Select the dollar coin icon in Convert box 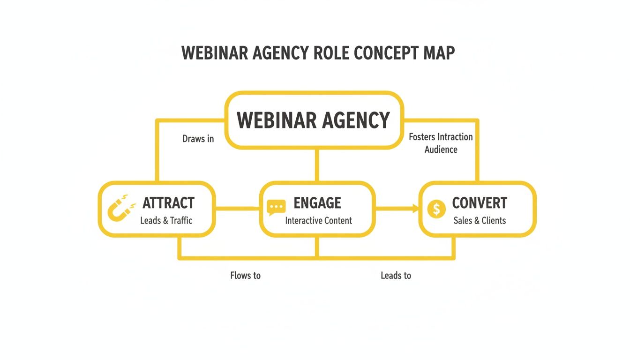[x=436, y=209]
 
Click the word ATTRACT [x=168, y=203]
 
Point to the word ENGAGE [x=317, y=203]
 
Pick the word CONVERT [x=479, y=203]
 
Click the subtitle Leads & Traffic [x=166, y=220]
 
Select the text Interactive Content [x=318, y=220]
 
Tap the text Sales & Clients [x=480, y=220]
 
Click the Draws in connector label [x=198, y=139]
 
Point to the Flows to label [x=245, y=276]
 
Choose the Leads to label [x=396, y=276]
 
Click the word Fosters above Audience [x=422, y=137]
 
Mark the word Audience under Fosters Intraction [x=441, y=150]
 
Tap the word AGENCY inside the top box [x=356, y=120]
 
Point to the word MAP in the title [x=439, y=53]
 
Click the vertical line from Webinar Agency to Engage [x=318, y=165]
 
